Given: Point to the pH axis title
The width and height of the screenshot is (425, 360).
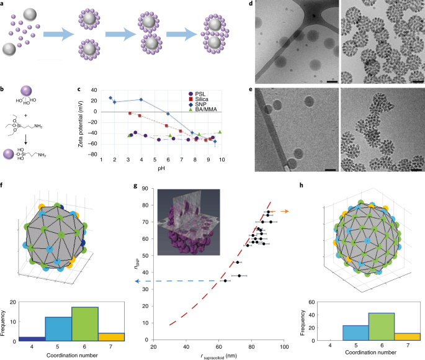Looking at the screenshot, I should point(163,167).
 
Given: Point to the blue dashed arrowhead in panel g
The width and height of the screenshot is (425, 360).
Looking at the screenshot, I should point(138,281).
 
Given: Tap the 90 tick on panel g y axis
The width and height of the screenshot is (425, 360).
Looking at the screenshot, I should point(150,188).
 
